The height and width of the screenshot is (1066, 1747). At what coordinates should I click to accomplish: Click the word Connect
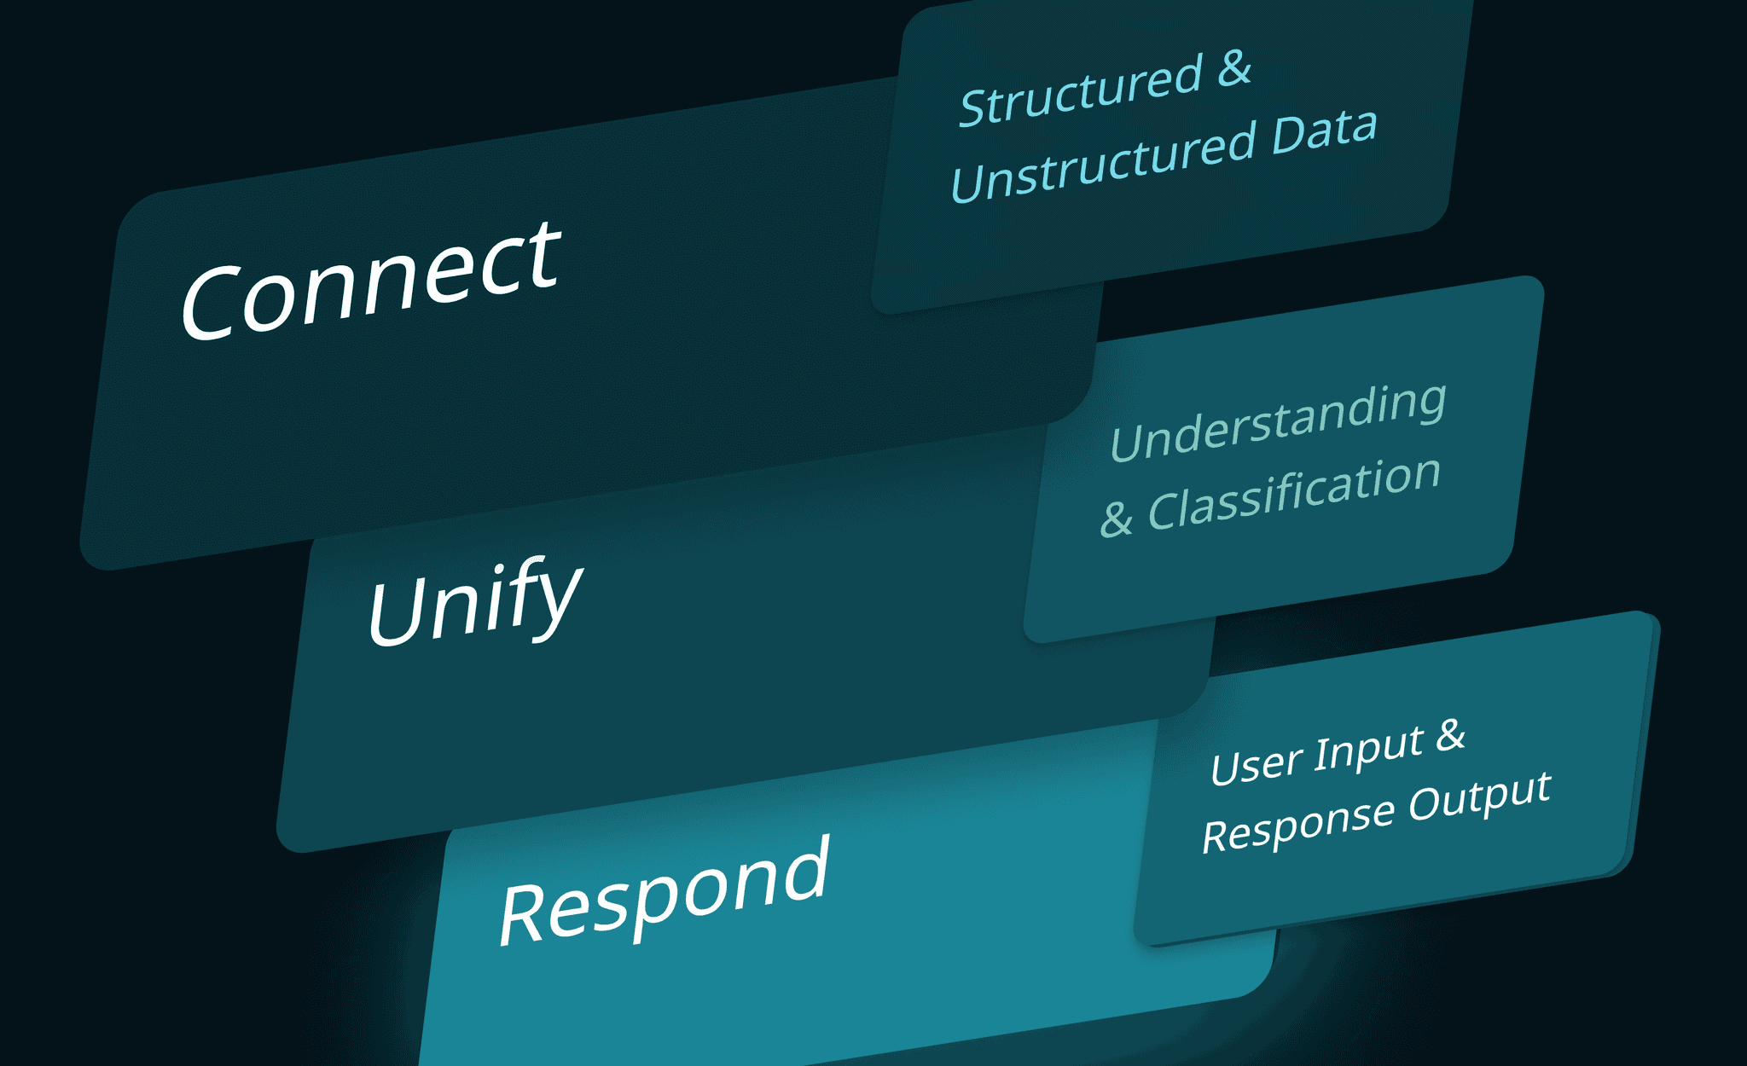pos(371,281)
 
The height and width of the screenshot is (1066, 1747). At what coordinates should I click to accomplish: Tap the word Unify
pos(474,601)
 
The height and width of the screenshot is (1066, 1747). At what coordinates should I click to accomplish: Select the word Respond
pos(664,891)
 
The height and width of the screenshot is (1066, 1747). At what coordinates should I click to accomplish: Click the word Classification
pos(1294,495)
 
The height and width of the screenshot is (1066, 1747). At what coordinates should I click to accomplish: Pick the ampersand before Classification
pos(1117,518)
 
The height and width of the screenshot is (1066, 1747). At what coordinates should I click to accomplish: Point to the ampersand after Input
pos(1450,735)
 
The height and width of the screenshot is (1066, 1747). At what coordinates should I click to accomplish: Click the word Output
pos(1479,797)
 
